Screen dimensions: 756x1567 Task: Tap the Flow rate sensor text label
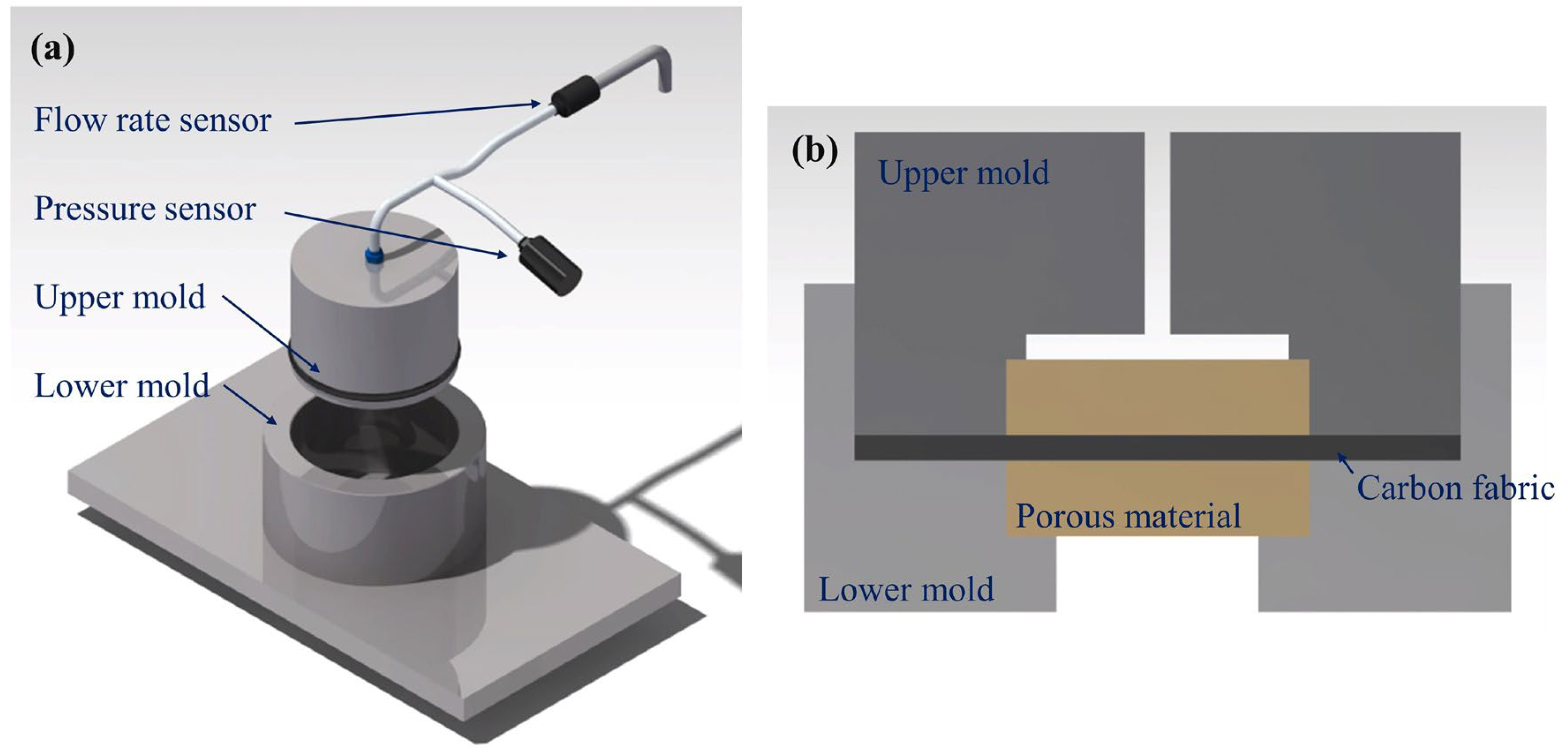pyautogui.click(x=152, y=120)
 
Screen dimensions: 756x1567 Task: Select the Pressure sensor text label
pyautogui.click(x=145, y=208)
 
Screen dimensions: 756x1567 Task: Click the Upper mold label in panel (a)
pyautogui.click(x=120, y=298)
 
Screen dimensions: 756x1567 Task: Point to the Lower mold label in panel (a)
pyautogui.click(x=122, y=386)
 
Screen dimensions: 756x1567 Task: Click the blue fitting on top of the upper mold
pyautogui.click(x=374, y=256)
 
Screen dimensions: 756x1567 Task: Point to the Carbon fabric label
pyautogui.click(x=1455, y=488)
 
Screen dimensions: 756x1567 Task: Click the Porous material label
pyautogui.click(x=1128, y=516)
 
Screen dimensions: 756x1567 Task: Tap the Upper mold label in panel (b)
pyautogui.click(x=963, y=173)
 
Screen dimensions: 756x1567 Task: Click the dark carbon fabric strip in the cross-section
pyautogui.click(x=1156, y=448)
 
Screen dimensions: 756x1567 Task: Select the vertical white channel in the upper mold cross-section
pyautogui.click(x=1157, y=231)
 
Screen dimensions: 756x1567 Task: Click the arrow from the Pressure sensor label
pyautogui.click(x=396, y=234)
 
